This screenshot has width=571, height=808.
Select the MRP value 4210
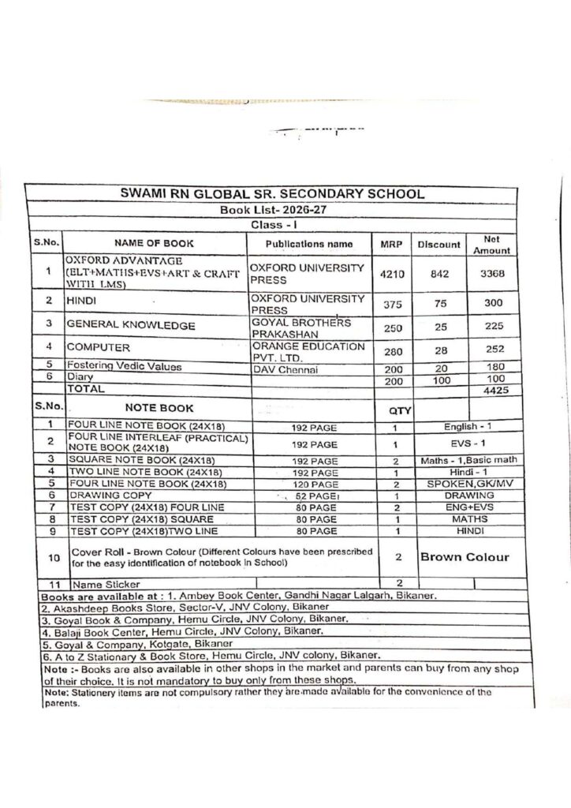(x=392, y=274)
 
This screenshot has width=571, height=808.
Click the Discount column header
(x=439, y=244)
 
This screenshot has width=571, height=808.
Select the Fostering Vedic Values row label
(x=124, y=366)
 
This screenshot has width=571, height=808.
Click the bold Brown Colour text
(x=464, y=557)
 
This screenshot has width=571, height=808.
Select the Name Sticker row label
(x=103, y=585)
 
